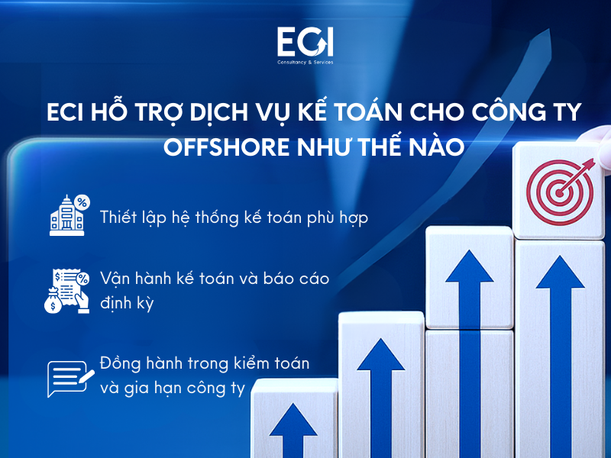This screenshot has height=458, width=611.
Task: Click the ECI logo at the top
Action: (x=305, y=41)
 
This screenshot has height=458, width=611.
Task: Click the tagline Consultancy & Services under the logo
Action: (x=305, y=62)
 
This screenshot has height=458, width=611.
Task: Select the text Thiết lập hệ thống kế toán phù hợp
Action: (x=234, y=218)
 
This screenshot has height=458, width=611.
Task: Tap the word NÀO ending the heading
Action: (x=436, y=147)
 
